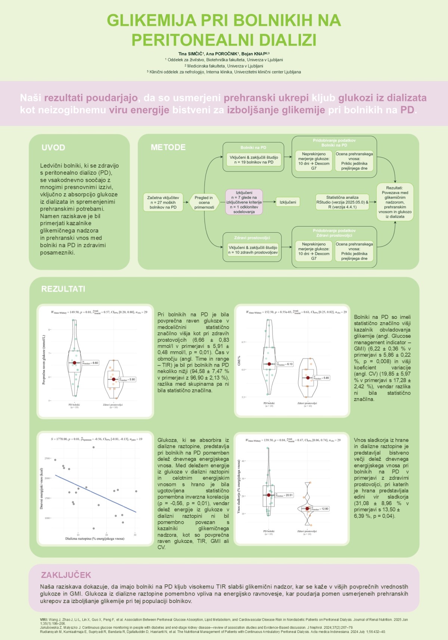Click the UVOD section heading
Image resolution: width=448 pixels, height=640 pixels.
pos(53,147)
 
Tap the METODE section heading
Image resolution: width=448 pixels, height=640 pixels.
pos(168,147)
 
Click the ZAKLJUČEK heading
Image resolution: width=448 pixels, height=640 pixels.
pos(66,575)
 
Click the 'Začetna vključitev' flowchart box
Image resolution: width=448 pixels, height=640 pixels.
pos(163,202)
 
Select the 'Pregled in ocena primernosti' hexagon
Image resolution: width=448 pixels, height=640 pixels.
pos(204,202)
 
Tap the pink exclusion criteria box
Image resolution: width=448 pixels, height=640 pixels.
pos(244,202)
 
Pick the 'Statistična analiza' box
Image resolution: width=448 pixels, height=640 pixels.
pos(342,202)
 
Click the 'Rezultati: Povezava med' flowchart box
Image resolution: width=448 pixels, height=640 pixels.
pos(395,202)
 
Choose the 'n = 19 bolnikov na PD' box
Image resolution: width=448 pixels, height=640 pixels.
pos(253,160)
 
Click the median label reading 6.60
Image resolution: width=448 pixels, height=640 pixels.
pos(91,363)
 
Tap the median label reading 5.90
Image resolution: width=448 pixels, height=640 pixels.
pos(128,379)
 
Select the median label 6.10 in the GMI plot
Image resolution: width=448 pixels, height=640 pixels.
pos(285,364)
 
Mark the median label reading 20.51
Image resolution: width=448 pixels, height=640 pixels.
pos(284,495)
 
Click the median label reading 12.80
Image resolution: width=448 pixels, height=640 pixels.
pos(321,509)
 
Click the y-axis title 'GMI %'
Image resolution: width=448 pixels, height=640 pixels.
pos(239,360)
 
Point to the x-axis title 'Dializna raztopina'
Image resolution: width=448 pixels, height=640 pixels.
pos(95,538)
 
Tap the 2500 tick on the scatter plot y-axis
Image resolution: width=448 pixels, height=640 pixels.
pos(47,458)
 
